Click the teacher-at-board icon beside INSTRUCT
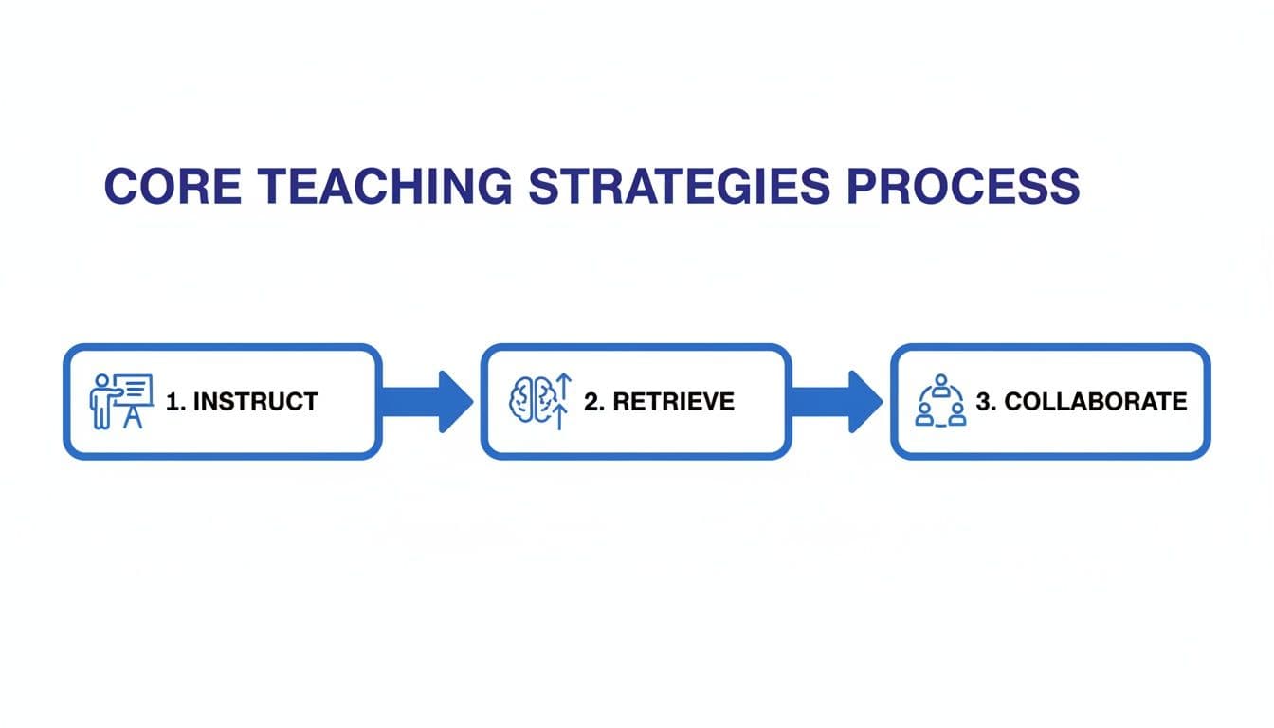[120, 401]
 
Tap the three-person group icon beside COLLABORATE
[940, 401]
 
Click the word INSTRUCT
[255, 402]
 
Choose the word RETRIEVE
[673, 402]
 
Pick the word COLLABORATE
[1095, 402]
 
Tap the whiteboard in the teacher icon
[134, 390]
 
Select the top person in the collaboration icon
[940, 382]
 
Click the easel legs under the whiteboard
[133, 419]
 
